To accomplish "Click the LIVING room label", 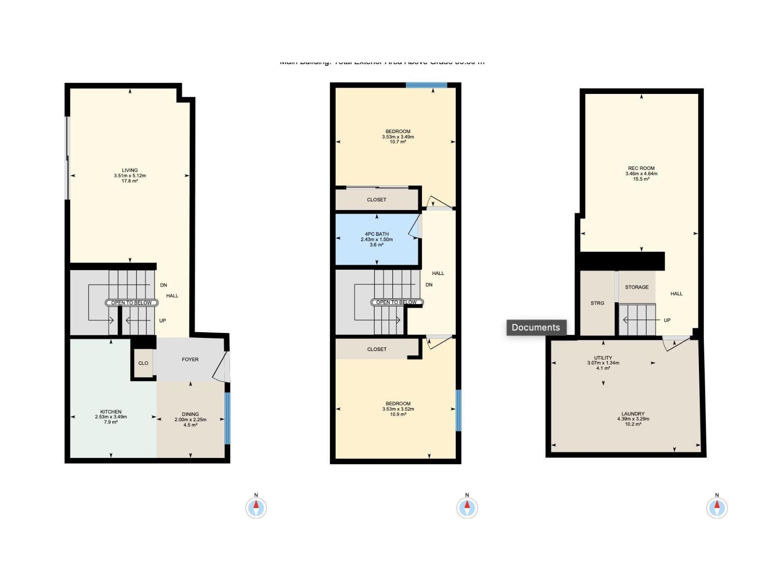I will click(130, 170).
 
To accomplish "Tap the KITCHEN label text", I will click(111, 412).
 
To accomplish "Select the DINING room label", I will click(190, 414).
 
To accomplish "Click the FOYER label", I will click(190, 359).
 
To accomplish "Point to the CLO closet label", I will click(143, 363).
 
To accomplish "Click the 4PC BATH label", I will click(377, 234).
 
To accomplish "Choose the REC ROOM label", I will click(641, 168).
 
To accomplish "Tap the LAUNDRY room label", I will click(633, 414).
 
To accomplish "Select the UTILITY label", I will click(603, 358).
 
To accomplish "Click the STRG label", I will click(597, 303).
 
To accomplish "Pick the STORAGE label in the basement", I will click(636, 287).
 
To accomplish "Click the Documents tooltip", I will click(536, 327).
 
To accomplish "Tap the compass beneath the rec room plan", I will click(717, 508).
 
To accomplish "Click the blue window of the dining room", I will click(227, 418).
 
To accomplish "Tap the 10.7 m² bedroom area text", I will click(398, 142).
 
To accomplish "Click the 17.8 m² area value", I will click(130, 181).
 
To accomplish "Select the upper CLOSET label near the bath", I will click(377, 199).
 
